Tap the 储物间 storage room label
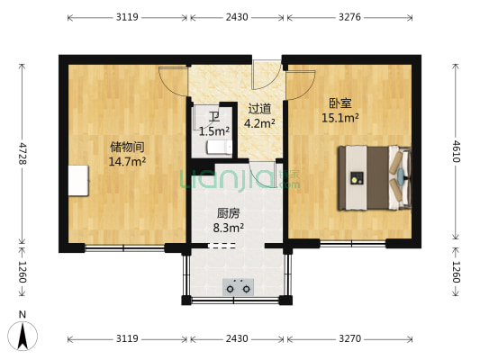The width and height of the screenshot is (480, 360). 127,148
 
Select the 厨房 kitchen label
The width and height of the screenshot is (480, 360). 228,214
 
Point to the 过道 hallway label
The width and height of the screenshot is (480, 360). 260,109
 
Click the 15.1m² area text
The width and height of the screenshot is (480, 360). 341,117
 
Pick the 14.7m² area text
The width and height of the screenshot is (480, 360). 127,162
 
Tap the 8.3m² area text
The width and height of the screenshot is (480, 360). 228,229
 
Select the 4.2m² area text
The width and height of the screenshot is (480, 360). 260,123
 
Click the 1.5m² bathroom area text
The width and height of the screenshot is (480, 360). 213,131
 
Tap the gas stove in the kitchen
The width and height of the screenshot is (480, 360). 239,287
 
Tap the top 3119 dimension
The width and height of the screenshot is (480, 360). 127,16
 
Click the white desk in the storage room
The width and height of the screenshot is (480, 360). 79,181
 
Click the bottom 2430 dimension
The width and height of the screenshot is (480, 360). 237,339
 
